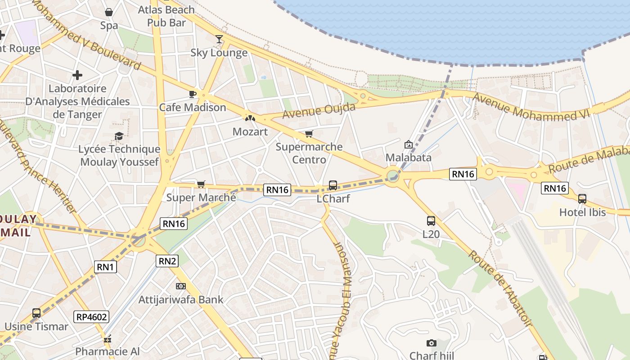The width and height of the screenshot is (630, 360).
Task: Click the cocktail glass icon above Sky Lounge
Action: click(219, 39)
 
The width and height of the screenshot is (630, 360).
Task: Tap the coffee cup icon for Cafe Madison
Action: click(193, 94)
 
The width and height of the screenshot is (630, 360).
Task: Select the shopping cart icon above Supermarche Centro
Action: click(309, 134)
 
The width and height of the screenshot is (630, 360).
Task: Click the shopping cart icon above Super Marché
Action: click(201, 184)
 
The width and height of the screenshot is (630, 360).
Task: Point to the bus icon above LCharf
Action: click(333, 185)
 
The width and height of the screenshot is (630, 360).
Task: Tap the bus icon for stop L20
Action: click(431, 221)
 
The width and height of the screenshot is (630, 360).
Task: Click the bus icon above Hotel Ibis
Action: click(582, 198)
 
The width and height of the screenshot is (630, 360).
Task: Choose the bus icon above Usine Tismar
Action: click(36, 313)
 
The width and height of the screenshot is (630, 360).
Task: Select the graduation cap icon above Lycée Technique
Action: click(119, 136)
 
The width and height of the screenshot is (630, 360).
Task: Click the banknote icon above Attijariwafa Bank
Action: click(180, 286)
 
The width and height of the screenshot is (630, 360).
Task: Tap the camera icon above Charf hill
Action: click(432, 343)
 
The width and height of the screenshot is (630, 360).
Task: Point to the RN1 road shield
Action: click(106, 267)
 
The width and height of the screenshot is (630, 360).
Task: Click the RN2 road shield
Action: click(167, 261)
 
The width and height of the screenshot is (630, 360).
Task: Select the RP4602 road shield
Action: click(92, 317)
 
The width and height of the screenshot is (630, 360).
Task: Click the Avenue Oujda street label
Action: click(319, 111)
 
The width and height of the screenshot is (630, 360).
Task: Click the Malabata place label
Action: click(409, 157)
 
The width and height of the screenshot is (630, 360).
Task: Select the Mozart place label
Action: click(250, 132)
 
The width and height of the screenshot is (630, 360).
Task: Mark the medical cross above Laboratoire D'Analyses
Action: click(77, 75)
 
